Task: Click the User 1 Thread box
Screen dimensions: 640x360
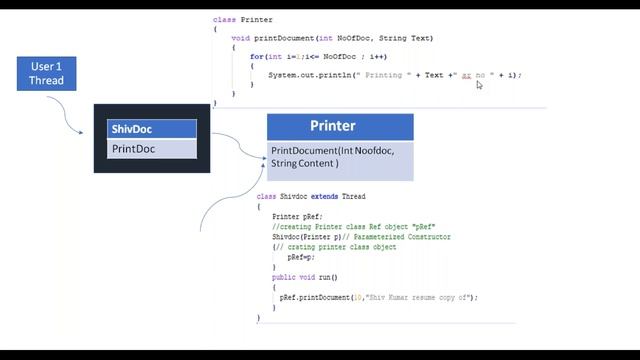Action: [x=46, y=73]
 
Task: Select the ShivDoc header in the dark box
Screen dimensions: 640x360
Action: [x=152, y=129]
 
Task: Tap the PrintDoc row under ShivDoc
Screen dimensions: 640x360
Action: [x=152, y=149]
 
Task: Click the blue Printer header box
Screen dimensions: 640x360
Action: [x=340, y=127]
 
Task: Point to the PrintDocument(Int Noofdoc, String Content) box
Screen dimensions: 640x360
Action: [x=340, y=160]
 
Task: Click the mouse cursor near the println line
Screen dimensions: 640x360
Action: [x=479, y=85]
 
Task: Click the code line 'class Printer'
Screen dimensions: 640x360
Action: [x=243, y=19]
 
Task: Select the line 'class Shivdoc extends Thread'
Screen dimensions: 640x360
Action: [x=311, y=197]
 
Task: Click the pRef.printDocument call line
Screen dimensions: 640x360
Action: [x=379, y=297]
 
